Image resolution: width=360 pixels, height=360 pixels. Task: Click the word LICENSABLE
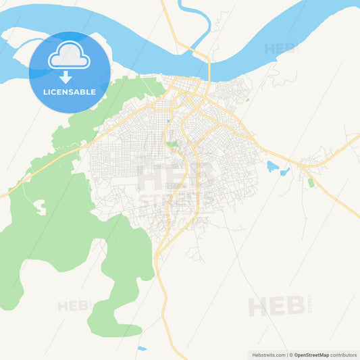70,91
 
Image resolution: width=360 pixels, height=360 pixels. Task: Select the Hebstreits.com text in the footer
267,355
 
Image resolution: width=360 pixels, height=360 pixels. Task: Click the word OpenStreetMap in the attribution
311,355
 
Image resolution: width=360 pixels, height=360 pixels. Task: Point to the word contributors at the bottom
343,355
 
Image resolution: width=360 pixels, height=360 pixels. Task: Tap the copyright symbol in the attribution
291,355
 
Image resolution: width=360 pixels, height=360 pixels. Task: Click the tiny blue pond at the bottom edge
141,349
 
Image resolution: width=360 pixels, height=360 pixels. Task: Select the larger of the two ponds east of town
273,166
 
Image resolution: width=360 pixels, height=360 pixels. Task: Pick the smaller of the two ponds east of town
286,170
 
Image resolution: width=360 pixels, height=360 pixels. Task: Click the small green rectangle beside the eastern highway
311,182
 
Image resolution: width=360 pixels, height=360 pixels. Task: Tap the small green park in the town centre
173,144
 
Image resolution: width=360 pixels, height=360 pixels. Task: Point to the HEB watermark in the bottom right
277,306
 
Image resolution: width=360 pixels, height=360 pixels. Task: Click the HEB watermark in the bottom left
73,306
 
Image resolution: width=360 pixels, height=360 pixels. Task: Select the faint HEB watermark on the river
280,49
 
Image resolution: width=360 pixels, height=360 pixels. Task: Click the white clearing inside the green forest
39,206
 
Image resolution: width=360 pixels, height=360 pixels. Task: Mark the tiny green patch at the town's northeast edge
247,101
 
